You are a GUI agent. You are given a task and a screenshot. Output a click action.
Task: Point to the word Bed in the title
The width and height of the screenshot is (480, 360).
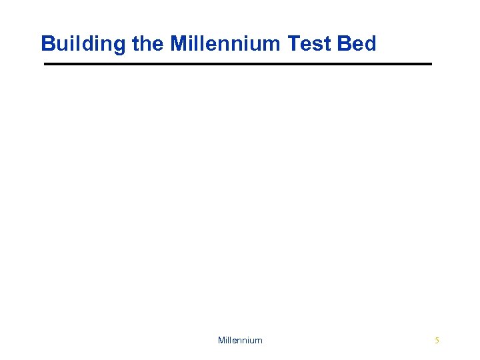pyautogui.click(x=357, y=44)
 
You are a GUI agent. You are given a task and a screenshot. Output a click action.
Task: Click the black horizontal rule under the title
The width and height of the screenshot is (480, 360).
pyautogui.click(x=238, y=64)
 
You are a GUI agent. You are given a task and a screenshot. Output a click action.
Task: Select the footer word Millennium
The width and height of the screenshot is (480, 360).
pyautogui.click(x=240, y=341)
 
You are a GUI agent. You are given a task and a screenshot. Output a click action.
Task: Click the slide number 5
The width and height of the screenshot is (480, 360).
pyautogui.click(x=437, y=341)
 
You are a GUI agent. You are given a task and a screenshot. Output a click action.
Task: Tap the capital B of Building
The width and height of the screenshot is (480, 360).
pyautogui.click(x=47, y=44)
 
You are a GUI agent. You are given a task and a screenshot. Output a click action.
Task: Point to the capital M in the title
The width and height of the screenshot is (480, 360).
pyautogui.click(x=179, y=44)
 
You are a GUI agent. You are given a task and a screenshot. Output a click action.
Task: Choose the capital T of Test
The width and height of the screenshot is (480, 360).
pyautogui.click(x=293, y=44)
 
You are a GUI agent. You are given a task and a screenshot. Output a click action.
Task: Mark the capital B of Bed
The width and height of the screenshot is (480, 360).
pyautogui.click(x=345, y=44)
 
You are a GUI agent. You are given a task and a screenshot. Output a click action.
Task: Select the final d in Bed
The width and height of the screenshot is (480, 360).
pyautogui.click(x=370, y=44)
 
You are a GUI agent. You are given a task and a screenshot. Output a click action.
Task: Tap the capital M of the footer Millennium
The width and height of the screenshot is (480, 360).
pyautogui.click(x=221, y=341)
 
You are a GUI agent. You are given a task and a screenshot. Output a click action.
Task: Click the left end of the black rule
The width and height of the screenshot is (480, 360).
pyautogui.click(x=45, y=64)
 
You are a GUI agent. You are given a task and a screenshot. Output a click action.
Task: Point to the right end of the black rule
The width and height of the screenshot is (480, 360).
pyautogui.click(x=431, y=64)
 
